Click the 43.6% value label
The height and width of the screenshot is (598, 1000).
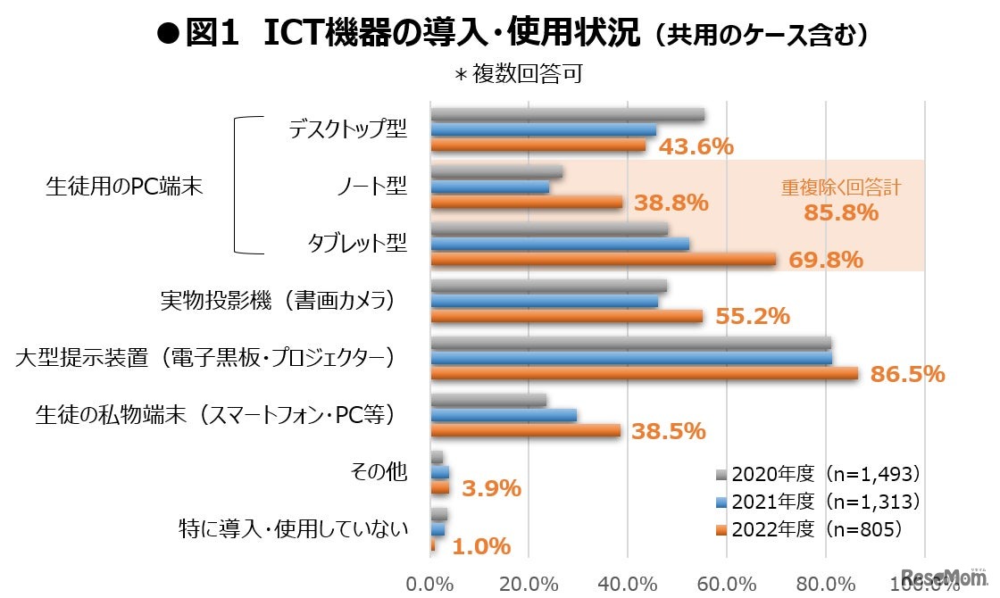[696, 146]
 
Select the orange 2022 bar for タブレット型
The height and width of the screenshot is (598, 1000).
[603, 260]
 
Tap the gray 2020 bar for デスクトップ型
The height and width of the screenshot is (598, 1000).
[567, 114]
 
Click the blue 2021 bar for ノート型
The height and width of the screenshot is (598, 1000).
[489, 187]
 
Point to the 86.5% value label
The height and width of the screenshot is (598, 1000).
[907, 374]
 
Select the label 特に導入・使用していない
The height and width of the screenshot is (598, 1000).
[294, 529]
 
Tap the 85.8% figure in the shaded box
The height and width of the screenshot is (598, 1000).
[841, 213]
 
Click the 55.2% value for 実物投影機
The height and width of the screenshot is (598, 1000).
[752, 317]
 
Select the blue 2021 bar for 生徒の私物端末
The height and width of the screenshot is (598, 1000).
[504, 415]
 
